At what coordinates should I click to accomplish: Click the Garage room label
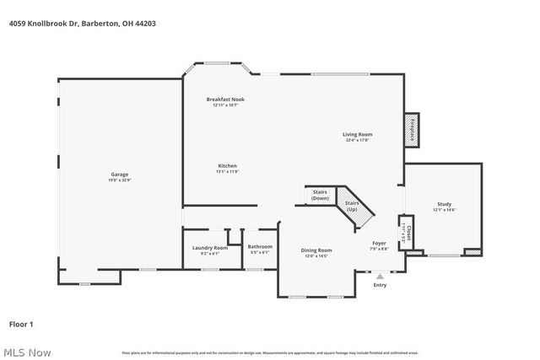(120, 175)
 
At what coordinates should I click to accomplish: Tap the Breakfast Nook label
(225, 99)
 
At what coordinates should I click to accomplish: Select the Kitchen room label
(227, 166)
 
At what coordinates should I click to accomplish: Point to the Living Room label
(357, 134)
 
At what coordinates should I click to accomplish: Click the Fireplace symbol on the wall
(413, 131)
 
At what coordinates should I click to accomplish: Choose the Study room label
(444, 204)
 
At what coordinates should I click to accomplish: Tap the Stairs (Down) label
(320, 195)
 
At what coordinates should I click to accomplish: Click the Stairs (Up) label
(352, 206)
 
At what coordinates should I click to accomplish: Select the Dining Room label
(316, 250)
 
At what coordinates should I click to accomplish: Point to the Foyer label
(379, 244)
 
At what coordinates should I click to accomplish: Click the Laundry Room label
(210, 247)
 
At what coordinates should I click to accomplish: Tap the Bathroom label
(260, 247)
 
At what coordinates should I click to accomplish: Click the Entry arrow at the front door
(380, 275)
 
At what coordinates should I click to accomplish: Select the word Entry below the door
(380, 284)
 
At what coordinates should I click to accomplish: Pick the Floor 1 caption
(21, 324)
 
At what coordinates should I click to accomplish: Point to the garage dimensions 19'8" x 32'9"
(120, 180)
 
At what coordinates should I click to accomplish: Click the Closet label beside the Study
(409, 233)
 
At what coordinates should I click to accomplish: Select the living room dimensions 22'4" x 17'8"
(357, 141)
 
